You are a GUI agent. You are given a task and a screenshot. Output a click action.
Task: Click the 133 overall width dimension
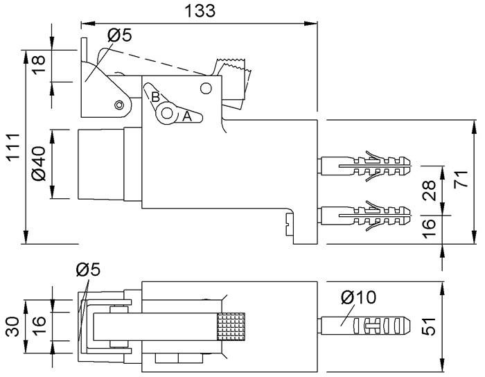(x=200, y=11)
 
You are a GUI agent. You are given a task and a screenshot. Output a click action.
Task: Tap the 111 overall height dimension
(x=14, y=147)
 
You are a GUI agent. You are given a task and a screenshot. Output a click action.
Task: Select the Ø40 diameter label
(x=38, y=164)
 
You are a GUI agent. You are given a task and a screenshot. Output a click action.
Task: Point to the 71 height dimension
(x=461, y=179)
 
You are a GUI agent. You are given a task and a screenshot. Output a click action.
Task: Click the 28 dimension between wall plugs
(x=429, y=191)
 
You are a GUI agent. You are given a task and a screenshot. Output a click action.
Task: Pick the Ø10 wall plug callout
(x=358, y=297)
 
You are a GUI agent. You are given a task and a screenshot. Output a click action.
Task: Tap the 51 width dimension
(x=429, y=326)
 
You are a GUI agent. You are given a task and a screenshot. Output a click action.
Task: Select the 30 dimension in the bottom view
(x=13, y=326)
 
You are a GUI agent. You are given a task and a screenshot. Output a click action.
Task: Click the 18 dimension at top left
(x=39, y=64)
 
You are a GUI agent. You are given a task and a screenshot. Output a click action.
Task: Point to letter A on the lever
(x=187, y=116)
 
